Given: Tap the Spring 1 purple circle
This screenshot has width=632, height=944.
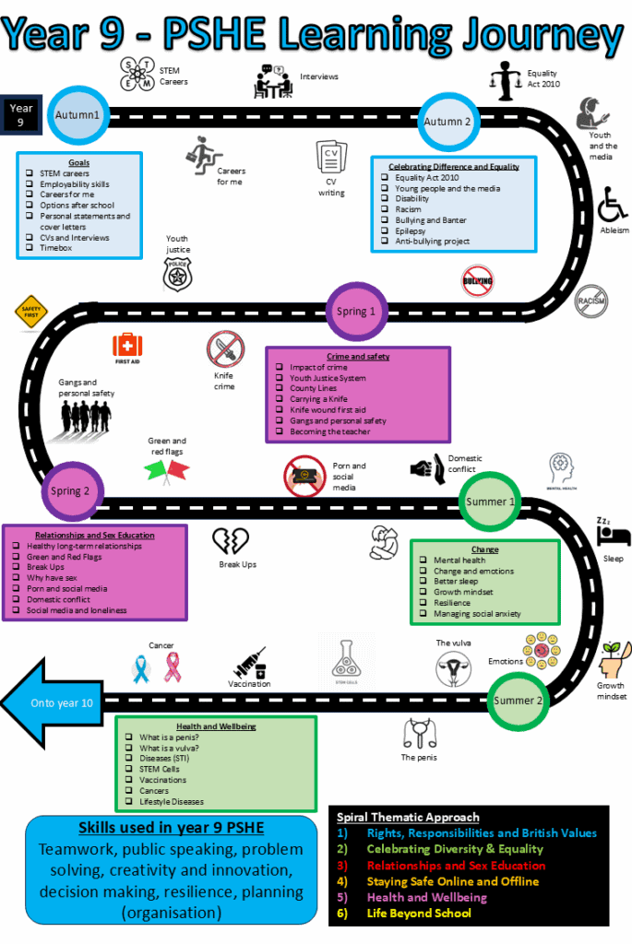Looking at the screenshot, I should (355, 311).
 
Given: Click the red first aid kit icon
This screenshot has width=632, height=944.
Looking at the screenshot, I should (127, 346).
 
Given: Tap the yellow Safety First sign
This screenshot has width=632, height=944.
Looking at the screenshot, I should (30, 312).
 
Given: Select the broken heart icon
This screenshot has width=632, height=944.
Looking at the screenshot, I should (231, 541).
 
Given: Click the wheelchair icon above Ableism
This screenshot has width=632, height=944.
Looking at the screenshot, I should (612, 204).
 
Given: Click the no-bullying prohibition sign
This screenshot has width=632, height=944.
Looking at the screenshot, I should (477, 280).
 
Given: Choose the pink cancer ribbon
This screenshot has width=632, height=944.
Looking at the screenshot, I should (173, 667).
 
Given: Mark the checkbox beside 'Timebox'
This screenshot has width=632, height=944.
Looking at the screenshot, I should (30, 248).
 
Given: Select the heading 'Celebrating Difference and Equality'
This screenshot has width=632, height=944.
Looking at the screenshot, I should (453, 167).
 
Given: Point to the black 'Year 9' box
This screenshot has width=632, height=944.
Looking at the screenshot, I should (20, 114).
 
